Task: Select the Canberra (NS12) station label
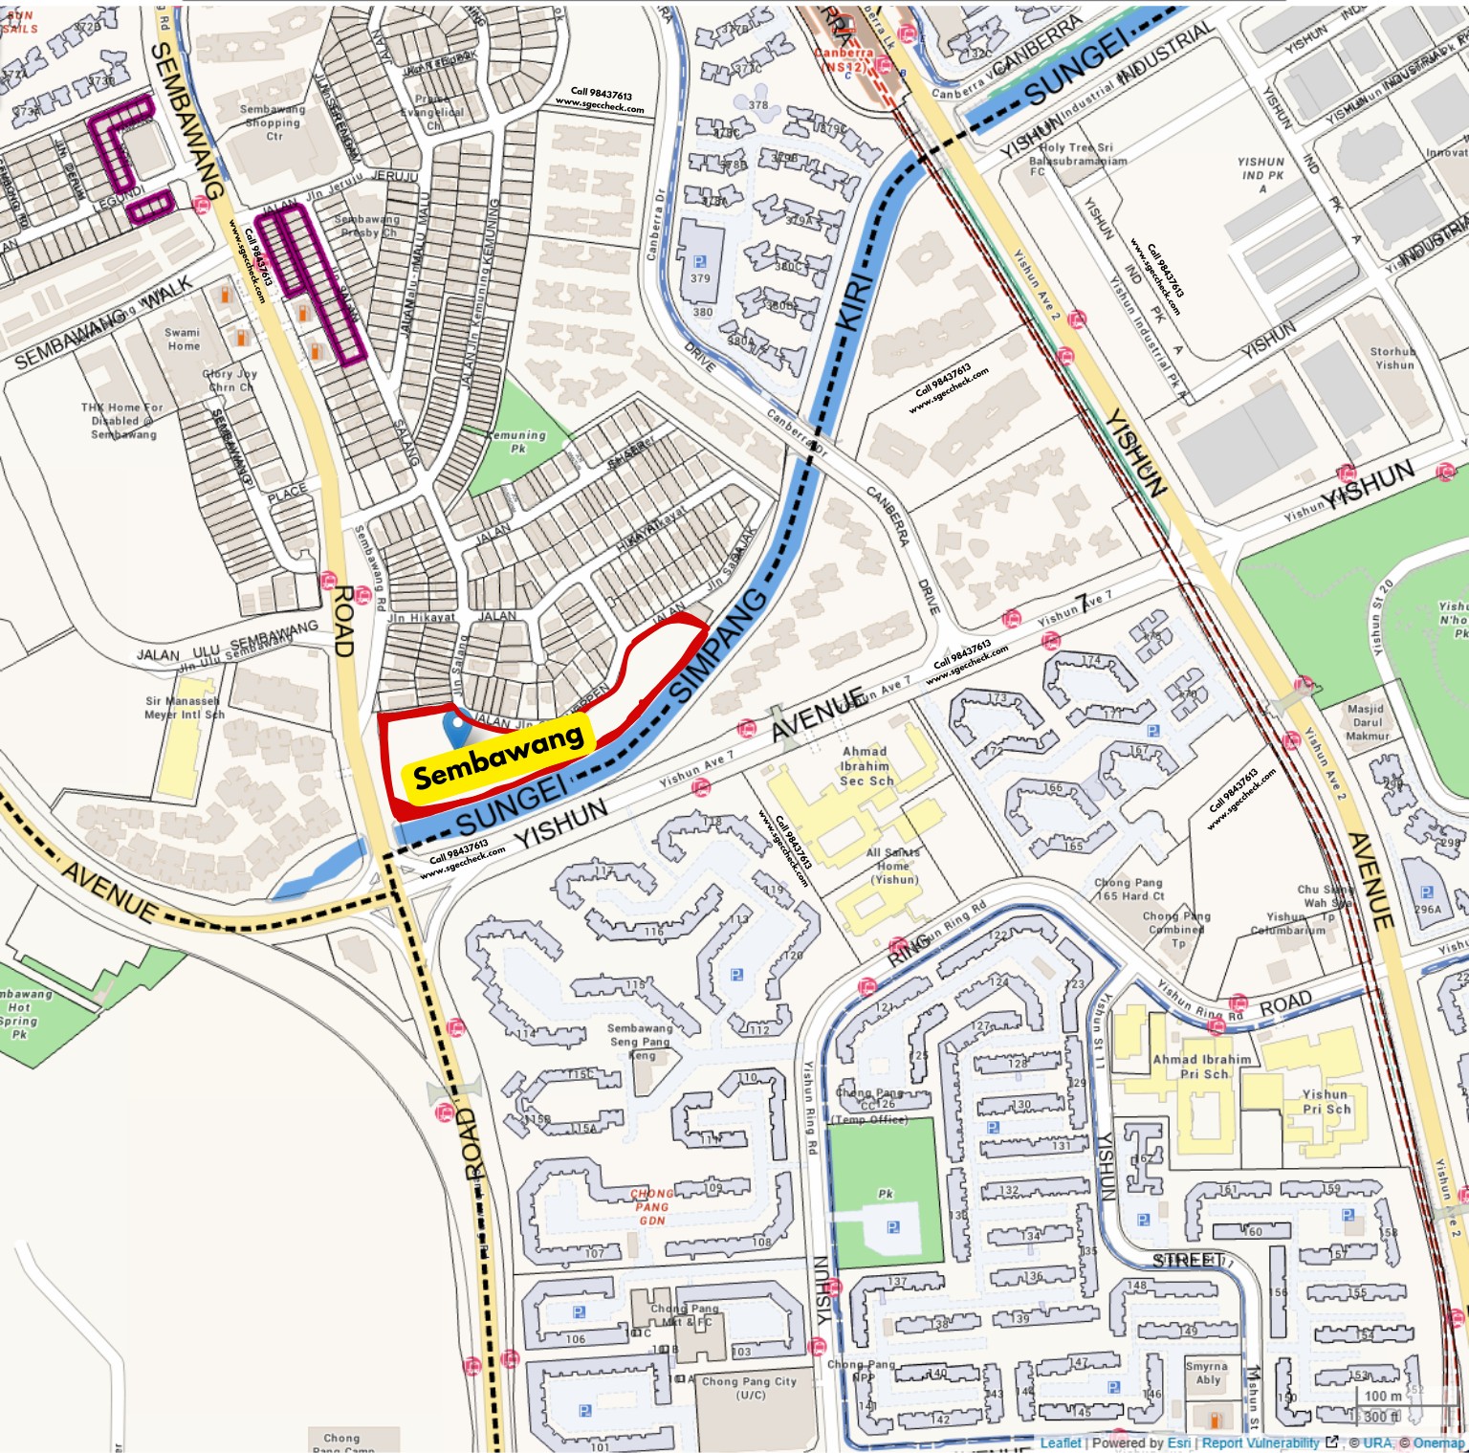click(x=844, y=59)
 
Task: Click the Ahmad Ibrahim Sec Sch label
click(x=866, y=765)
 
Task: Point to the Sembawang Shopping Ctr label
click(x=273, y=122)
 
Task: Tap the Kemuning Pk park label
click(x=517, y=441)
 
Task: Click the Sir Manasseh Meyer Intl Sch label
click(x=185, y=707)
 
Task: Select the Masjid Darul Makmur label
click(x=1367, y=721)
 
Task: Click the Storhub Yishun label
click(x=1393, y=358)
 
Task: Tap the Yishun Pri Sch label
click(x=1326, y=1101)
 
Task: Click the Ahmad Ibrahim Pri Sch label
click(x=1201, y=1066)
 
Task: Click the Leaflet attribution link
click(x=1061, y=1442)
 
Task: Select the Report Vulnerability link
click(x=1261, y=1442)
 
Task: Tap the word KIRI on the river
click(x=855, y=301)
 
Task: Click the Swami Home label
click(x=183, y=339)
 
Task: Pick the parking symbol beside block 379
click(x=699, y=261)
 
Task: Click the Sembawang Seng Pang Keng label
click(x=641, y=1041)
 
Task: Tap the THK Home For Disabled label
click(x=123, y=420)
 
